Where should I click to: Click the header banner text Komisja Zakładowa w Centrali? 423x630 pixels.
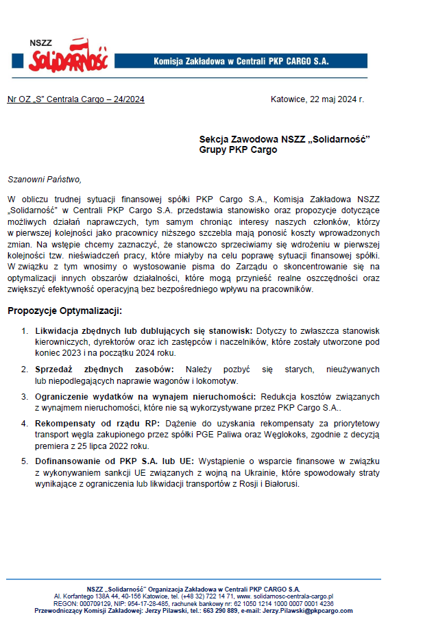pyautogui.click(x=241, y=61)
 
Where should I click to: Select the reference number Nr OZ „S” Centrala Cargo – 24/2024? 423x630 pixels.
pyautogui.click(x=75, y=99)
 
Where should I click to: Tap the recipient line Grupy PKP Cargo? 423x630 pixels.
pyautogui.click(x=238, y=149)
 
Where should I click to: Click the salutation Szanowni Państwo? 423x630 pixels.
pyautogui.click(x=44, y=180)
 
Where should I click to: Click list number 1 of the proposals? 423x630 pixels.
pyautogui.click(x=25, y=331)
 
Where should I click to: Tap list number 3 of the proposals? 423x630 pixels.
pyautogui.click(x=25, y=396)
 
